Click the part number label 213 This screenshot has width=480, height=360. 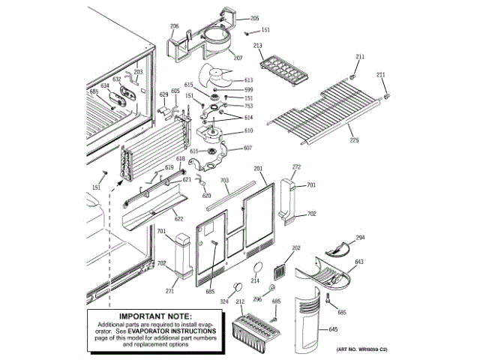click(257, 46)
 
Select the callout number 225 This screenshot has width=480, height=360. click(354, 139)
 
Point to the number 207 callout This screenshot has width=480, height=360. click(238, 58)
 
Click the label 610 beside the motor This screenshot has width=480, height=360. click(248, 131)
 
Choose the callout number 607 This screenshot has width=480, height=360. click(248, 148)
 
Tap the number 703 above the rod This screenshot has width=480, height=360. click(224, 181)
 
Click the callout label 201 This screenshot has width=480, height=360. click(259, 169)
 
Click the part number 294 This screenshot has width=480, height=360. click(361, 238)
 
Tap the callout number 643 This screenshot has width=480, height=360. click(359, 262)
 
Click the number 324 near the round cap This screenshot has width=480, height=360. click(224, 301)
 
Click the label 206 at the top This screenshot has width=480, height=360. click(175, 26)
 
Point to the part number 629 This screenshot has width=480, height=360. click(163, 94)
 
